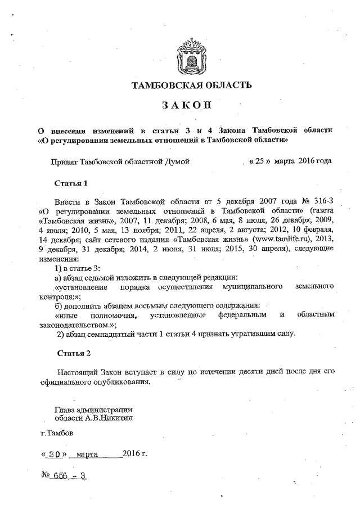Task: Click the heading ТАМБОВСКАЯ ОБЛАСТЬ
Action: coord(188,85)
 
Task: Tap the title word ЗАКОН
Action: coord(188,105)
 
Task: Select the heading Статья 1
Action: coord(71,183)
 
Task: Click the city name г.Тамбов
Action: coord(56,434)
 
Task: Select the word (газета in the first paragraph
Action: coord(322,211)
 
